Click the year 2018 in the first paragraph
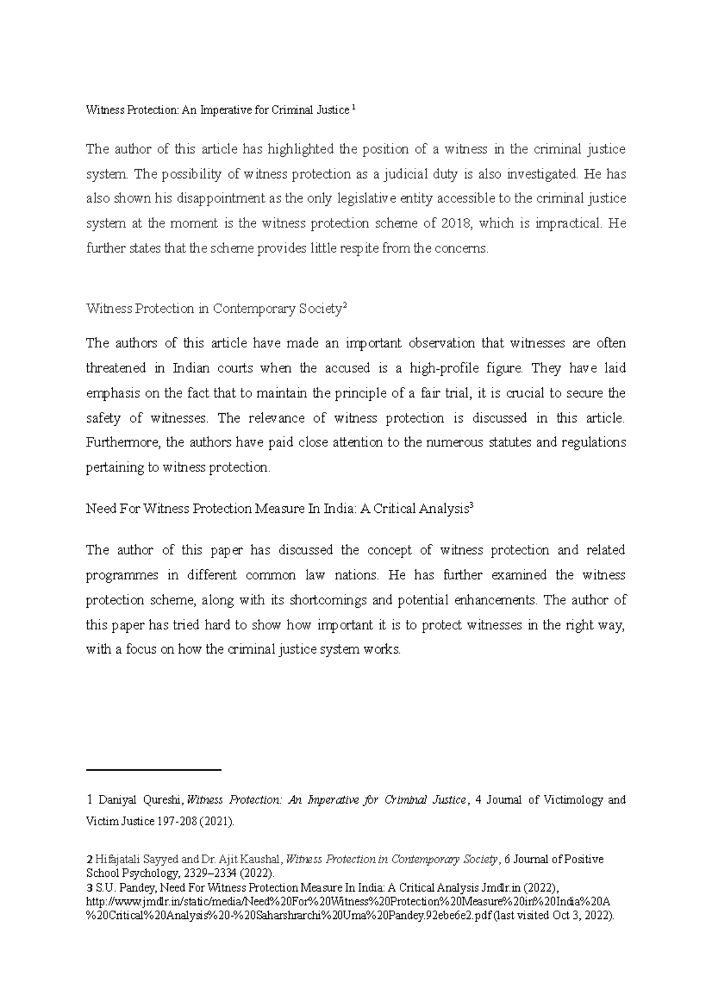[x=456, y=224]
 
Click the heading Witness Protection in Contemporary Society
[x=214, y=309]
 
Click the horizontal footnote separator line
[x=154, y=770]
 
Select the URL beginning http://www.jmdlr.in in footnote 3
[x=344, y=902]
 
